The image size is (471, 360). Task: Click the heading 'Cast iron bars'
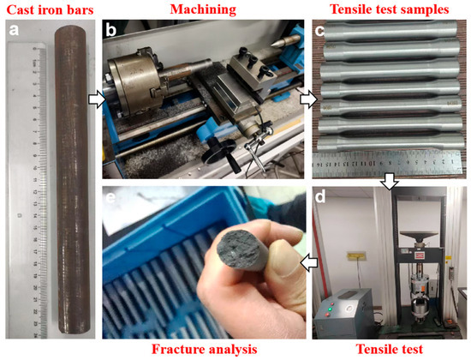50,10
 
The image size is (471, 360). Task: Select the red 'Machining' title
203,9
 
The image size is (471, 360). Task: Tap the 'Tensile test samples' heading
390,9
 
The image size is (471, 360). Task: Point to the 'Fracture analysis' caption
205,350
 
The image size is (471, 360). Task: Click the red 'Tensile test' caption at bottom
390,350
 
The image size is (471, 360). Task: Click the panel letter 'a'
14,30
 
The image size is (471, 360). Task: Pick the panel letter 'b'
111,29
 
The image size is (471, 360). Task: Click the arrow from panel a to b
98,99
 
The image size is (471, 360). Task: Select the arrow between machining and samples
309,99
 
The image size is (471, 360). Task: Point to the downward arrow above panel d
390,182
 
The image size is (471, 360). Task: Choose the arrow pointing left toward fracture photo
309,263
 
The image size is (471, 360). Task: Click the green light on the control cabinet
330,309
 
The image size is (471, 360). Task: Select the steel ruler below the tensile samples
387,164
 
